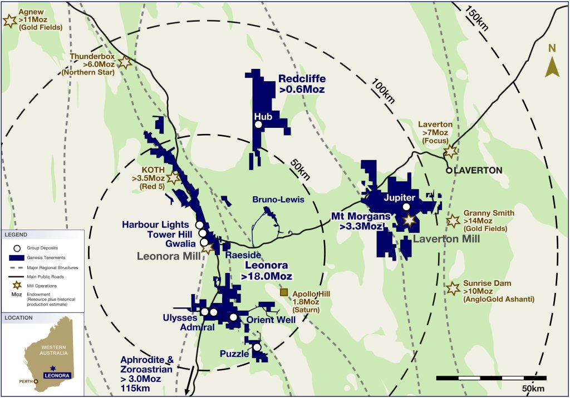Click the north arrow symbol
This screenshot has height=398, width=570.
coord(552,66)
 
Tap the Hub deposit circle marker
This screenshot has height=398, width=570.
coord(258,125)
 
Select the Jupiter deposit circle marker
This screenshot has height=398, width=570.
coord(406,207)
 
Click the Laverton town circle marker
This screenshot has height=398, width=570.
coord(449,171)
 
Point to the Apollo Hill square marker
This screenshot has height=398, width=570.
coord(284,292)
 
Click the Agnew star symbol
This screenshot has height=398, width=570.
coord(9,21)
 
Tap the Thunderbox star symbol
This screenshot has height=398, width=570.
coord(126,63)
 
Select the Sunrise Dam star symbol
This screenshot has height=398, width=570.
coord(453,288)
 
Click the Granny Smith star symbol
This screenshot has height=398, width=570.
coord(453,221)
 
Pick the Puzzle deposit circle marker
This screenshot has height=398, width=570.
coord(257,347)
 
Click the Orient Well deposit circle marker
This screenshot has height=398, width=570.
coord(233,317)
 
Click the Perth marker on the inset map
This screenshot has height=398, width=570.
coord(37,381)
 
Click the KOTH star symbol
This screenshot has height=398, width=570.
coord(174,178)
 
